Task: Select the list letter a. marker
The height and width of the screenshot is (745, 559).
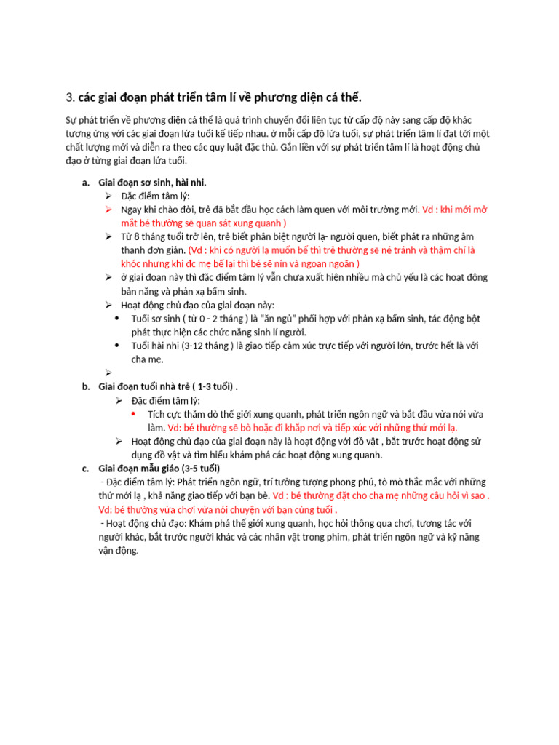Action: click(86, 183)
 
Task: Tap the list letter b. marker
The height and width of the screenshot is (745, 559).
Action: click(86, 386)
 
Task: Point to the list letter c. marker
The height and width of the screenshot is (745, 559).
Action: click(86, 468)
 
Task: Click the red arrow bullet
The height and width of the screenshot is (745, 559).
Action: click(108, 210)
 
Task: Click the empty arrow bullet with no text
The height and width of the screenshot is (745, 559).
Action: click(108, 372)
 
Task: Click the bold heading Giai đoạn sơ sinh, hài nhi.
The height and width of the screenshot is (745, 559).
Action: click(157, 183)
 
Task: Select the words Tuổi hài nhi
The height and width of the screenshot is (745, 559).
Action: click(156, 346)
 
